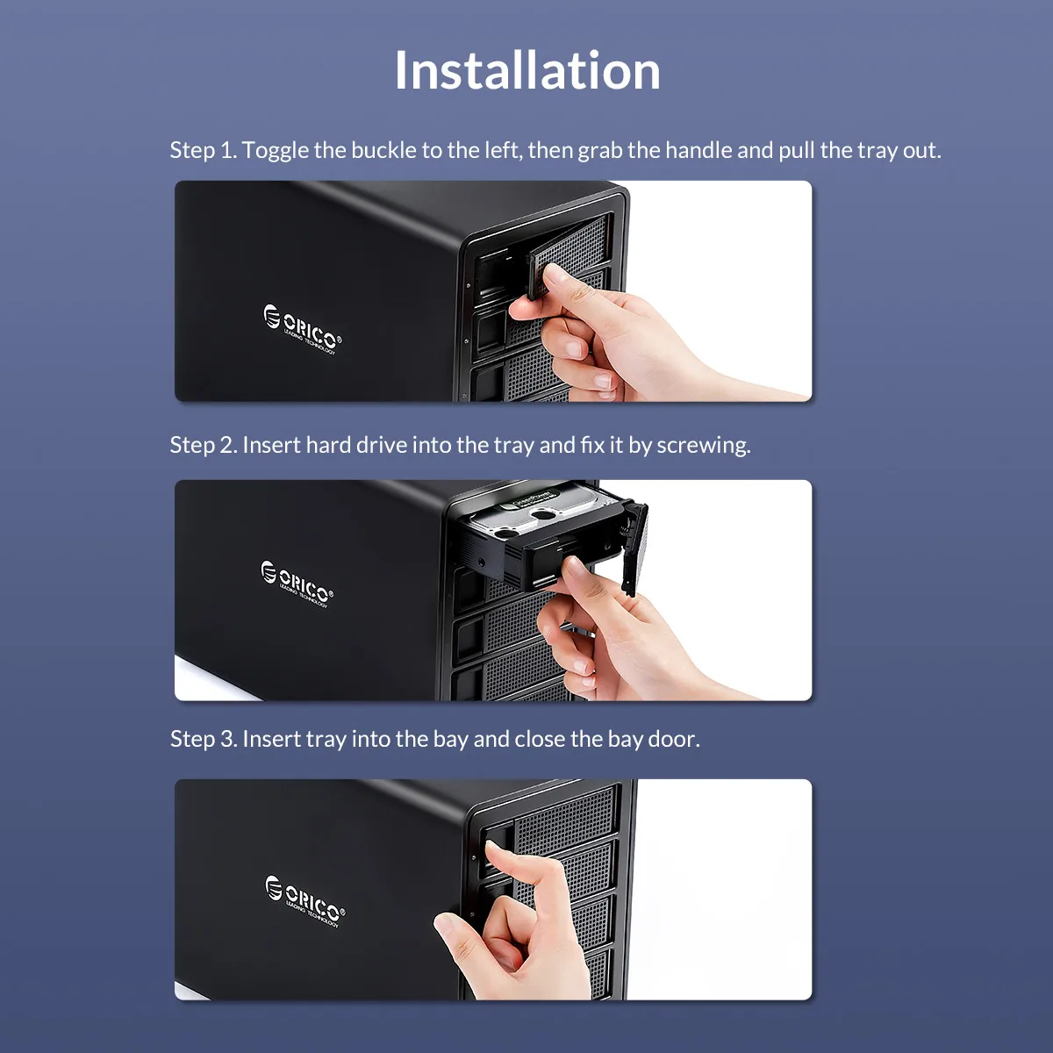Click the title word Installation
(x=526, y=70)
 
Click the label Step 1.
(x=203, y=150)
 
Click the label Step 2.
(x=203, y=445)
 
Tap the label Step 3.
(x=203, y=739)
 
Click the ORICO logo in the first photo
(x=302, y=329)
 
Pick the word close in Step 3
(x=540, y=739)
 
